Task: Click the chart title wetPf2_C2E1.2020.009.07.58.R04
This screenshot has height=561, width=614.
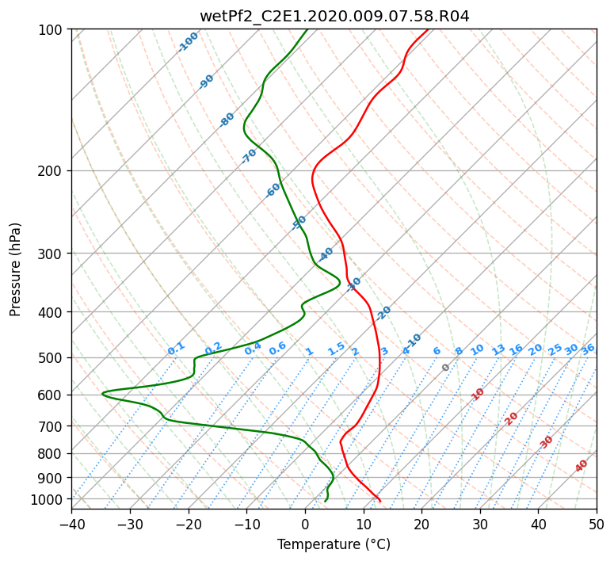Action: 334,17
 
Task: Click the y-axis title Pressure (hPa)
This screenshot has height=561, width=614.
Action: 15,269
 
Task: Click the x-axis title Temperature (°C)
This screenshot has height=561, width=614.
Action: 334,544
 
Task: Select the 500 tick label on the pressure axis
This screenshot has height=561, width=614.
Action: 50,358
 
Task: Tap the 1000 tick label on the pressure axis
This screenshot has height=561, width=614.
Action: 46,499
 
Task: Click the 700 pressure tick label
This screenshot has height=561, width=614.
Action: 50,426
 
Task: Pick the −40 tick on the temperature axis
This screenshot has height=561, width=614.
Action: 71,524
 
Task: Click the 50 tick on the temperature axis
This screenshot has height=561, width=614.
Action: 597,524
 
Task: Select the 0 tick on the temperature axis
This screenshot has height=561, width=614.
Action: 306,524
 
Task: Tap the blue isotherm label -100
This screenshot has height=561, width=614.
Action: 188,42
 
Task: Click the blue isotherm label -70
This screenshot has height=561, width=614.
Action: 249,156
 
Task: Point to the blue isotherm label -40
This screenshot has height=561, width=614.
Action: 325,254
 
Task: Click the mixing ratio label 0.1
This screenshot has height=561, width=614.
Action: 176,349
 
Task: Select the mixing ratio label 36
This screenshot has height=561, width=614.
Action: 588,349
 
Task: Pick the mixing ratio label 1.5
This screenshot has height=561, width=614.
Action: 337,349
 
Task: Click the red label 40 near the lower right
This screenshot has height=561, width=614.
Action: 582,466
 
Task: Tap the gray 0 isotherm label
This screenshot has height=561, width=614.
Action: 445,368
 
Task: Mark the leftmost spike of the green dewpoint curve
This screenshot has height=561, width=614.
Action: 102,393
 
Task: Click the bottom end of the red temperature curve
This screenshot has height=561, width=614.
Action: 379,501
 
